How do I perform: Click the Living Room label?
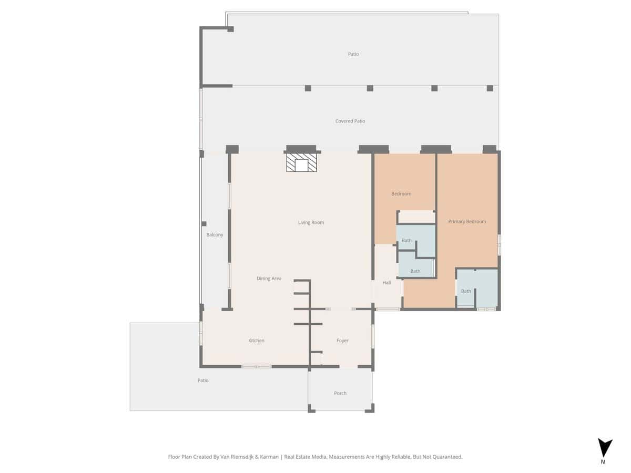coord(311,222)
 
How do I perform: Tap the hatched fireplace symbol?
coord(301,162)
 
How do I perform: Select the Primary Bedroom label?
coord(467,221)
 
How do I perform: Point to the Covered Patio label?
coord(350,121)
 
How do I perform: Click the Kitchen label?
coord(256,341)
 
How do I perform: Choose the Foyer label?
coord(342,341)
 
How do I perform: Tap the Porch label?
coord(340,393)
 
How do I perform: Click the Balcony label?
coord(215,234)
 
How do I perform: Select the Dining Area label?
coord(269,279)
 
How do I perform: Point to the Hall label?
coord(386,283)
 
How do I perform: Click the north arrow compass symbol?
coord(605,448)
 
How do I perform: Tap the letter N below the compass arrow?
coord(603,462)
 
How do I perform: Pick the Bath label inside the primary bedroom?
coord(466,291)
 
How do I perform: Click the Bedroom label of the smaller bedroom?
coord(401,194)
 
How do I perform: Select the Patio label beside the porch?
coord(202,380)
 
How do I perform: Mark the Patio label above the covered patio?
coord(353,54)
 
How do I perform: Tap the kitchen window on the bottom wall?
coord(256,367)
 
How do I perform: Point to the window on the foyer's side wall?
coord(373,336)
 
